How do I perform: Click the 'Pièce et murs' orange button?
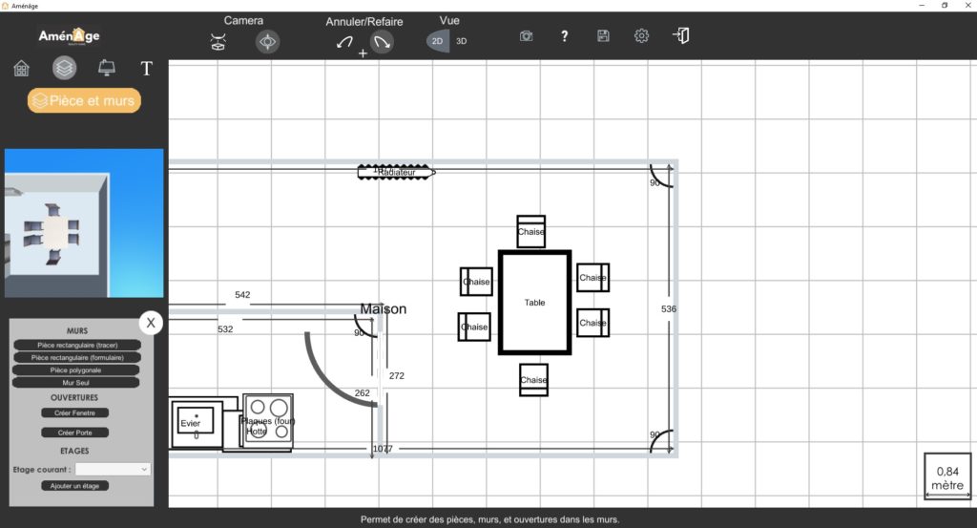(x=84, y=100)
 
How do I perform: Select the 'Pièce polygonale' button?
(x=76, y=370)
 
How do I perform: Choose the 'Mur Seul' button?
(x=76, y=382)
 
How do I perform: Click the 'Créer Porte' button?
(x=75, y=433)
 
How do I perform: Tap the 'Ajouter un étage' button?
(x=76, y=486)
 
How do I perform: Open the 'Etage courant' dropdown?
(x=114, y=469)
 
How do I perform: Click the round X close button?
(x=151, y=323)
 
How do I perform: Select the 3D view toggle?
(x=462, y=41)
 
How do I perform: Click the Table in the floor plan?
(x=534, y=303)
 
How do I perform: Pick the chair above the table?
(x=531, y=231)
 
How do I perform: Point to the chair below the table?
(x=533, y=379)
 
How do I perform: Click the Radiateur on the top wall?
(x=395, y=172)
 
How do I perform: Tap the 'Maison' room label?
(x=384, y=309)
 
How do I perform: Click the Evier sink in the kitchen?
(x=195, y=423)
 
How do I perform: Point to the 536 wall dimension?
(x=669, y=309)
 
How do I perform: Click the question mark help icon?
(x=565, y=36)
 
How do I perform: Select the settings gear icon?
(x=641, y=36)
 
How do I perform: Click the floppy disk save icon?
(x=603, y=36)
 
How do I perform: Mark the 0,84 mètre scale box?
(x=947, y=476)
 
